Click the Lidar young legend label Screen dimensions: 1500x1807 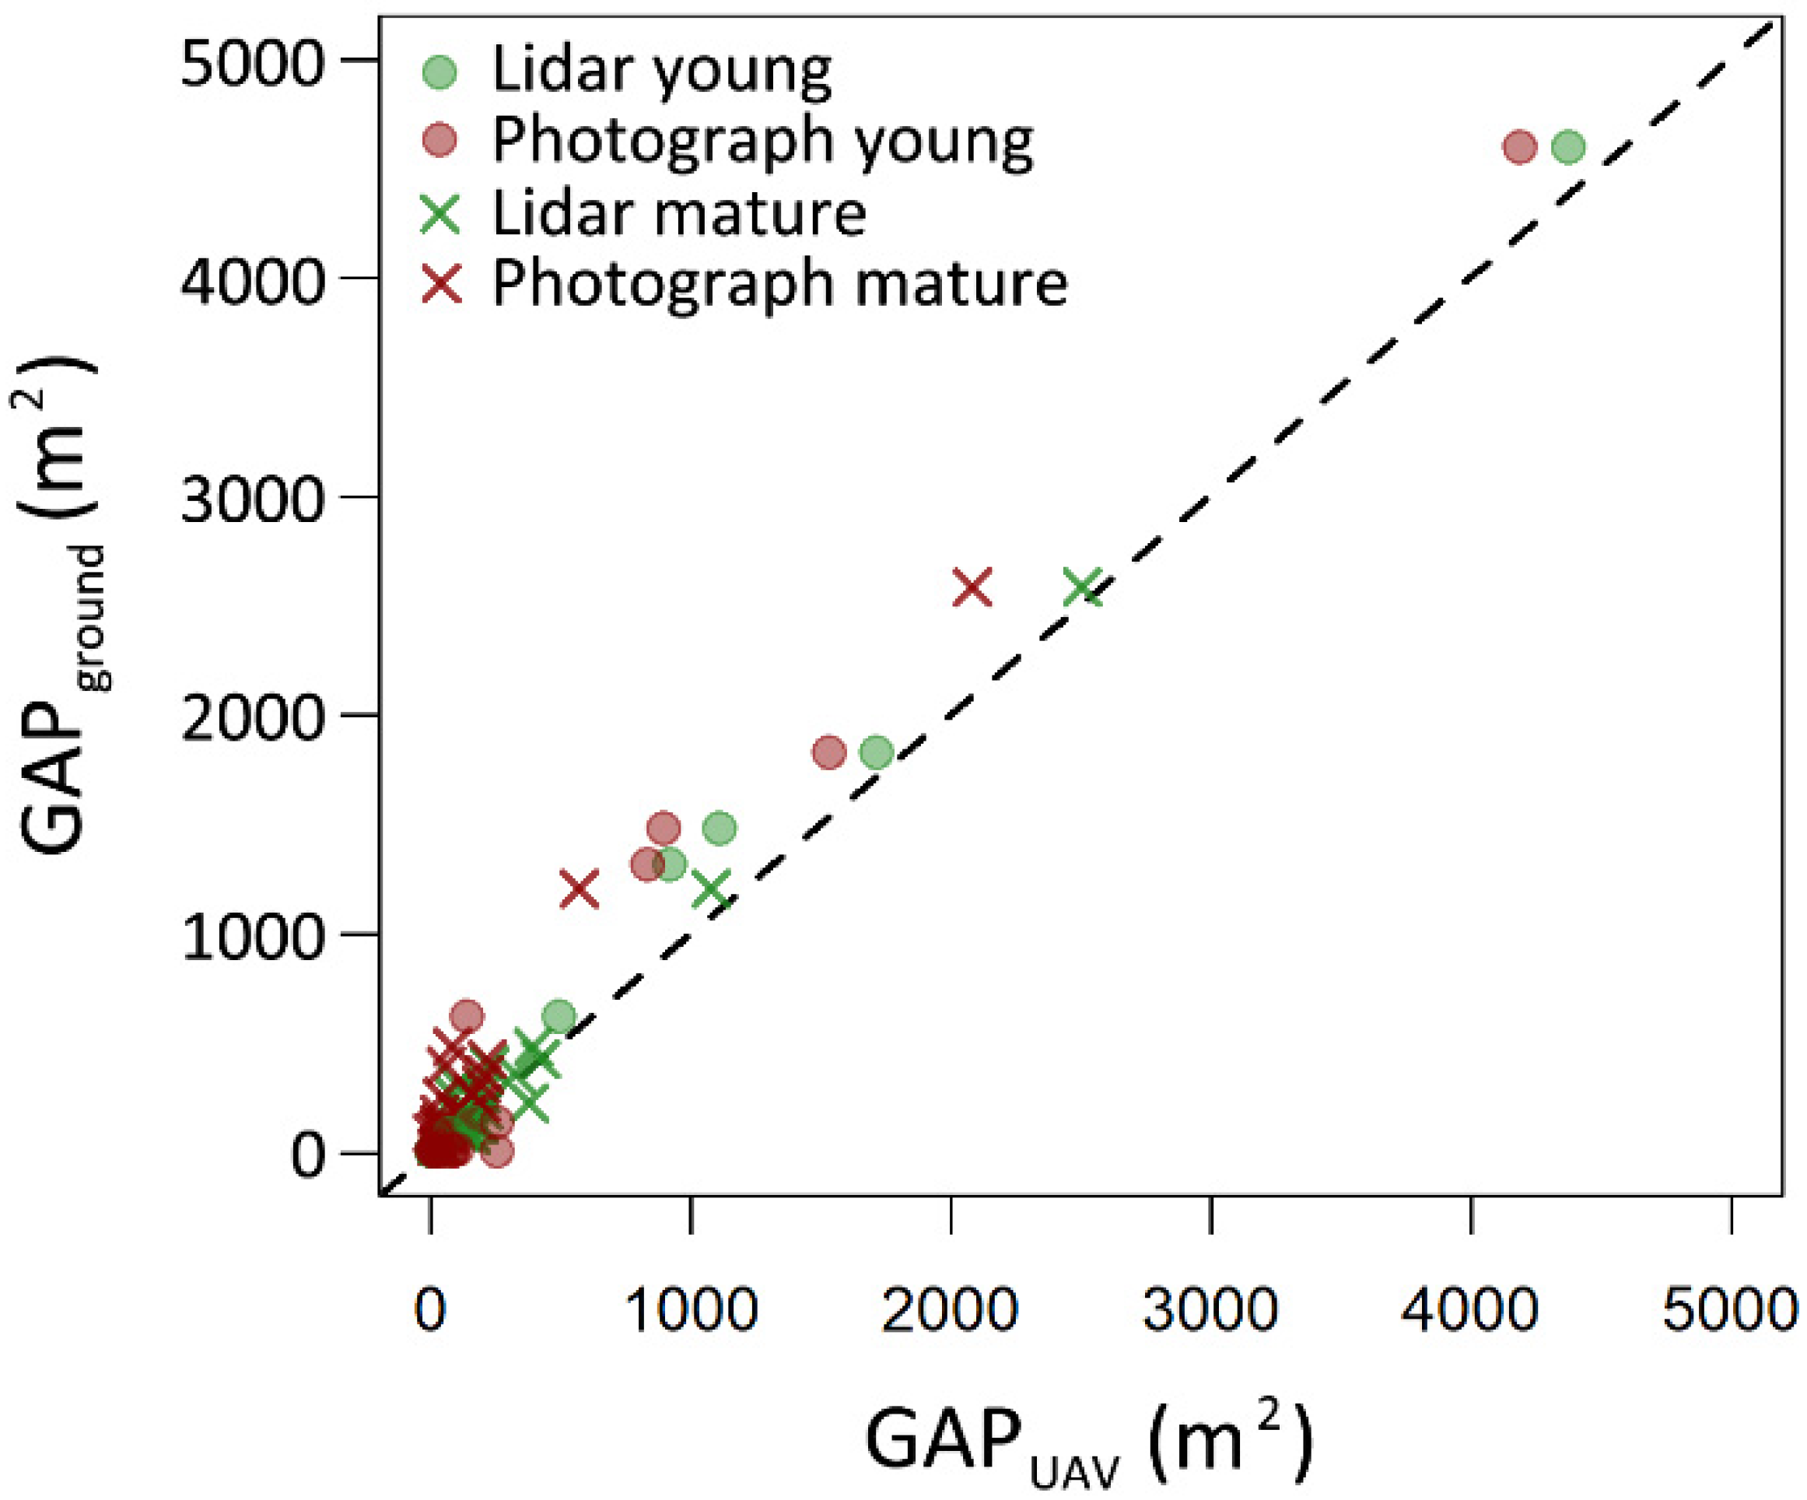(661, 71)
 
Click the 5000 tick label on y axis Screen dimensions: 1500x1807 (252, 63)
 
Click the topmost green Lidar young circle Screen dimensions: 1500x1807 (1567, 147)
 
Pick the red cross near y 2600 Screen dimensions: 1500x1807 (972, 587)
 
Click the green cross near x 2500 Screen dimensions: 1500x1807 (1083, 589)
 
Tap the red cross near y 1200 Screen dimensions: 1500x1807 (579, 889)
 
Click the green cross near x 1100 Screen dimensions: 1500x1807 (713, 889)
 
